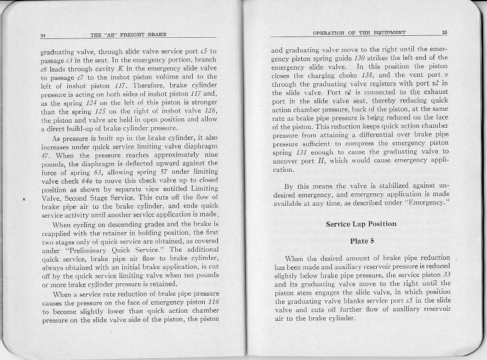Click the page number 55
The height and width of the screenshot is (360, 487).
coord(444,32)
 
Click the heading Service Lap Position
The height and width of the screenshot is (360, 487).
coord(361,224)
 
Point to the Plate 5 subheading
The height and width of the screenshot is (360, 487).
coord(362,240)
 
